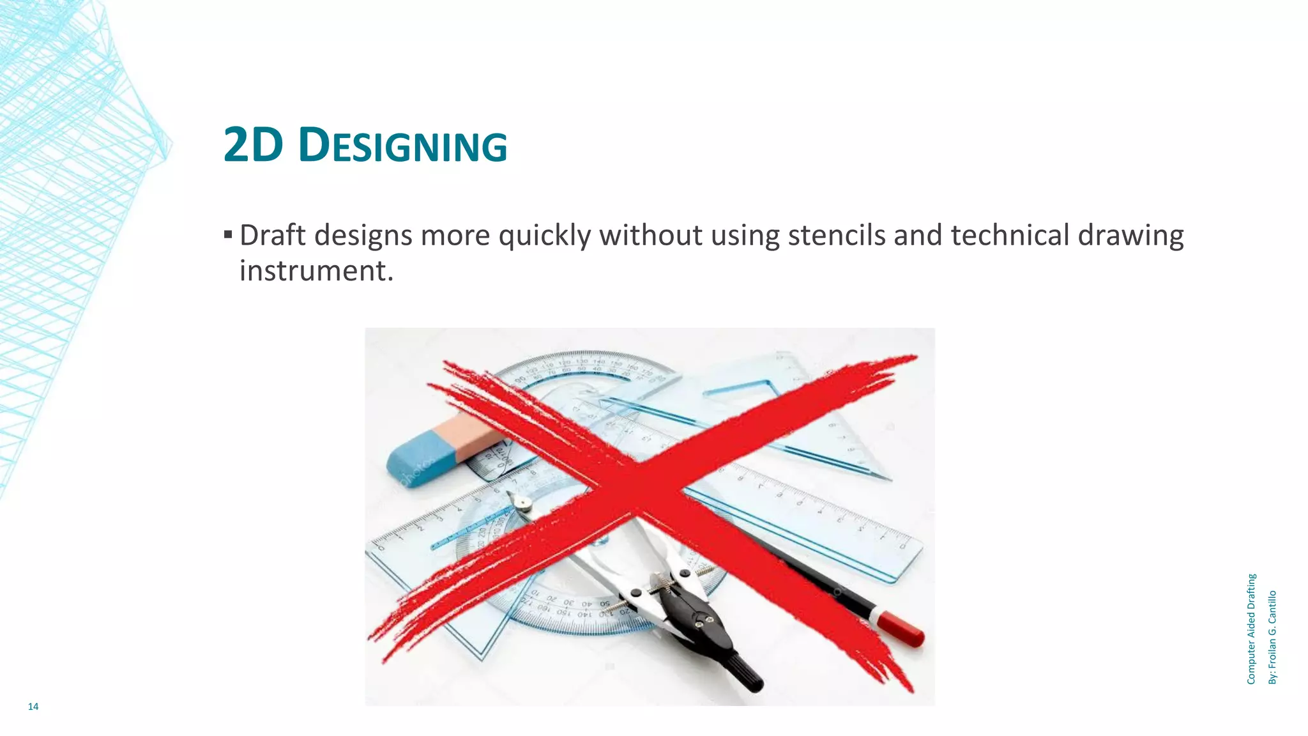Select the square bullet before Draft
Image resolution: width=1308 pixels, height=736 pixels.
228,234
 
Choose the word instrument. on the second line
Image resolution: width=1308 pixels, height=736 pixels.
316,271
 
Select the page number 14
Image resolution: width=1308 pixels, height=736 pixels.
33,706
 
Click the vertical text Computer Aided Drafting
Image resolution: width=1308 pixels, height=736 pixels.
1251,629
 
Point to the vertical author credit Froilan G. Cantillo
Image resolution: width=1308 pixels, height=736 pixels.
1272,637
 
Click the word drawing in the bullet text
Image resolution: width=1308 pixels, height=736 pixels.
1130,235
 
